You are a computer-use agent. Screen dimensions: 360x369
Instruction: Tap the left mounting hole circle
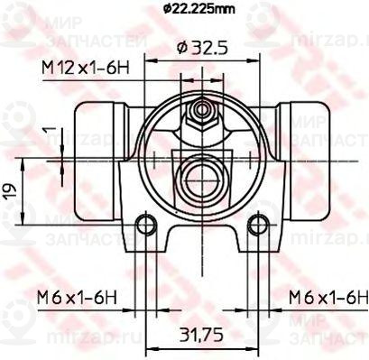pyautogui.click(x=142, y=226)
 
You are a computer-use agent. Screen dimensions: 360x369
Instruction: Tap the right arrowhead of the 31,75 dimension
pyautogui.click(x=252, y=349)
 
